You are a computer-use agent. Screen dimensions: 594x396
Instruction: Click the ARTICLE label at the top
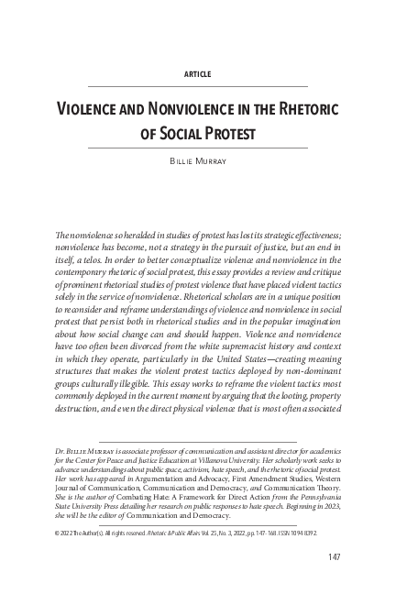(x=198, y=72)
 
